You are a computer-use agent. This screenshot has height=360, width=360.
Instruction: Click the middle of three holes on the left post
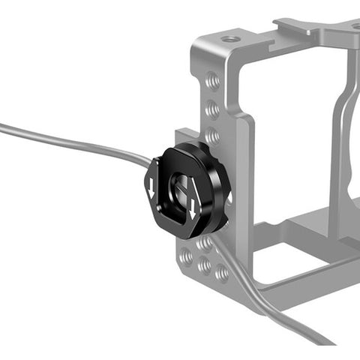[212, 109]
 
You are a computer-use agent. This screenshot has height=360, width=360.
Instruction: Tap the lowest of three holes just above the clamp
[213, 135]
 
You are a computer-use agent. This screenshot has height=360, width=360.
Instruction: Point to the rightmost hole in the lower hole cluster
[222, 273]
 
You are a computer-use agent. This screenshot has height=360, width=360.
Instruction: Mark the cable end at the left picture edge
[3, 129]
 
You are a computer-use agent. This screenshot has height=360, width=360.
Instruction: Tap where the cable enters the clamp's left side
[149, 161]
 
